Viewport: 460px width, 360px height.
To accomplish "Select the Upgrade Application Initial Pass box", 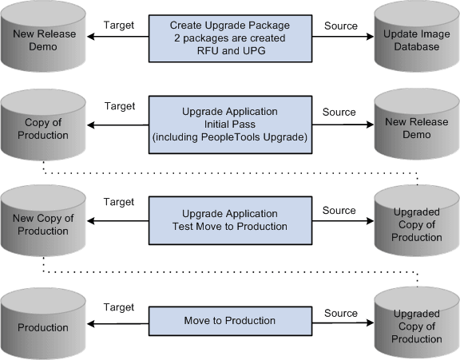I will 230,123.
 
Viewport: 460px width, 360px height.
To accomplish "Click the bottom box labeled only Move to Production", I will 230,321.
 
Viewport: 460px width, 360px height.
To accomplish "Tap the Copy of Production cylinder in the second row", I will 43,128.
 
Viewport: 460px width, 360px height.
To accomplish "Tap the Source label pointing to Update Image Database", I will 339,25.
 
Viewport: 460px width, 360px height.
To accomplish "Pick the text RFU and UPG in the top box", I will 230,49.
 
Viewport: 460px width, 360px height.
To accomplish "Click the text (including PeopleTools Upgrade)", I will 230,136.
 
